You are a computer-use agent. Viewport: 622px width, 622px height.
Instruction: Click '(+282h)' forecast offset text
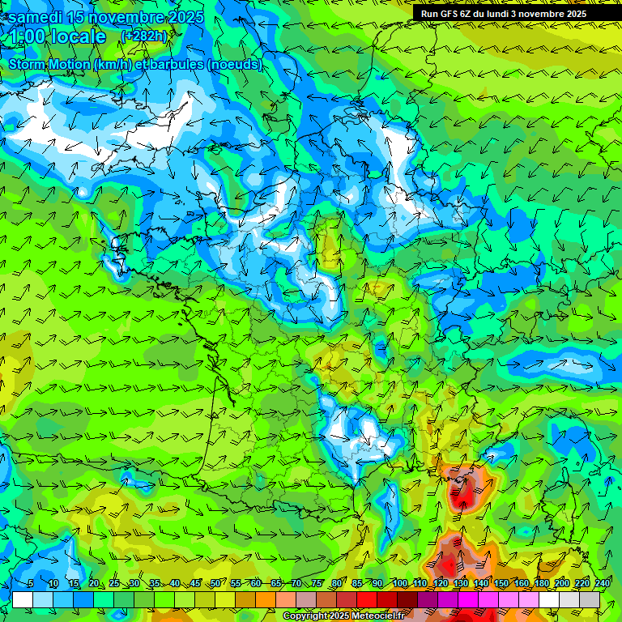click(143, 36)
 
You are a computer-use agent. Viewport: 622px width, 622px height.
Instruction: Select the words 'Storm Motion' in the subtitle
click(49, 65)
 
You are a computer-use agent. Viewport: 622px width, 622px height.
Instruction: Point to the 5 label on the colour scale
click(31, 584)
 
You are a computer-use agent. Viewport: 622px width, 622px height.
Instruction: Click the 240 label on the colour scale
click(602, 584)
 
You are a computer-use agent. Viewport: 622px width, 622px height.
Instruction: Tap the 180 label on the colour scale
click(541, 584)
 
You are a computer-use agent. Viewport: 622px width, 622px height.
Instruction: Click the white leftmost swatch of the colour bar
click(23, 599)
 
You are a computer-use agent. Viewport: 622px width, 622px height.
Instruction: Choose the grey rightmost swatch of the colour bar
click(590, 599)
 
